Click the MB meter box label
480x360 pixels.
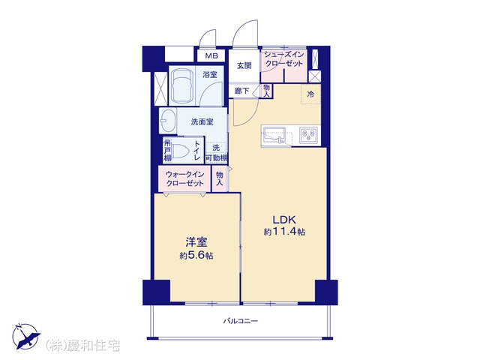[x=211, y=56]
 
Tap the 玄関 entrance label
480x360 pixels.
[x=244, y=65]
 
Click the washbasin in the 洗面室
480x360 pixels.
[x=167, y=121]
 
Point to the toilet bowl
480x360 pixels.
[x=181, y=150]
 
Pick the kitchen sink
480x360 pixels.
[x=274, y=136]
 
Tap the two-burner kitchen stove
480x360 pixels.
[x=308, y=135]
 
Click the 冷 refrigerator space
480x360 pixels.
[x=310, y=94]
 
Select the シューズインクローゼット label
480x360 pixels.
[x=283, y=59]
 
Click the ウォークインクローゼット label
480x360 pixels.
[x=184, y=178]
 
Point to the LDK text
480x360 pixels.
[x=284, y=220]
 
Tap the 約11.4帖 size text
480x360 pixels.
[x=284, y=232]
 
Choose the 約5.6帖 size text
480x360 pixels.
[x=196, y=255]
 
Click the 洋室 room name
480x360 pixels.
[x=196, y=242]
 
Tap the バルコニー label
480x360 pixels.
[x=240, y=321]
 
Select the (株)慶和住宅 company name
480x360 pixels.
[x=82, y=346]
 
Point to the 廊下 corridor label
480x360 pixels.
[x=241, y=91]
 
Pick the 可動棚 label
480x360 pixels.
[x=216, y=158]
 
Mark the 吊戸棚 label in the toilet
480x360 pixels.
[x=167, y=150]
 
